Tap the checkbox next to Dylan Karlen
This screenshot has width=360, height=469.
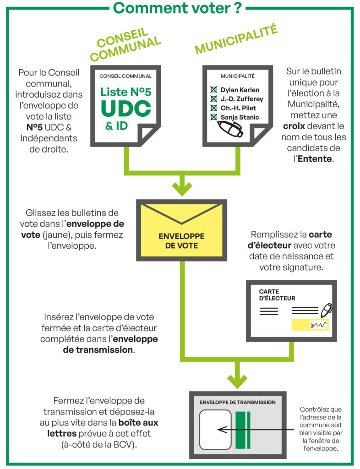[213, 90]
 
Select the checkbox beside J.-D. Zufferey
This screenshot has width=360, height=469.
[213, 99]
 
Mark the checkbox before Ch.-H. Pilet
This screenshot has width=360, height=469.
[213, 108]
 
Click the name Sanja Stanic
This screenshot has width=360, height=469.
[240, 117]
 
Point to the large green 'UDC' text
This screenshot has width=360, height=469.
[125, 109]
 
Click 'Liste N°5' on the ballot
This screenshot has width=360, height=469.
[125, 92]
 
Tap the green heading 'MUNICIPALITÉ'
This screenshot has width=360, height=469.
[237, 40]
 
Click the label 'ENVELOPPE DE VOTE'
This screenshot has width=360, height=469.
[181, 240]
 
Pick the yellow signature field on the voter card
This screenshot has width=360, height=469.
[310, 325]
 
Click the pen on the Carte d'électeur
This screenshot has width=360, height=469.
[326, 310]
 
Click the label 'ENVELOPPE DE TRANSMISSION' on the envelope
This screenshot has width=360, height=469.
[238, 402]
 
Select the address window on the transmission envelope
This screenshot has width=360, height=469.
[216, 429]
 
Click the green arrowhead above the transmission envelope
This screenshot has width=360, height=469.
[237, 380]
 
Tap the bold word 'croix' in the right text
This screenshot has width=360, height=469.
[298, 125]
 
